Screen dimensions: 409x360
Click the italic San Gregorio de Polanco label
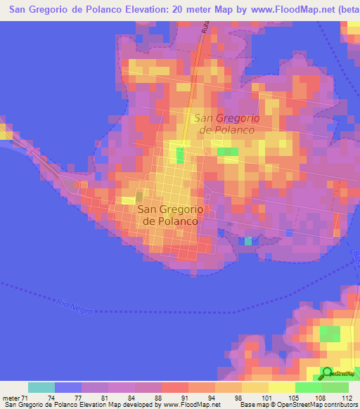click(226, 124)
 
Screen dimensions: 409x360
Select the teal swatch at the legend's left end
click(41, 387)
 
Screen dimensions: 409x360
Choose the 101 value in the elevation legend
click(268, 396)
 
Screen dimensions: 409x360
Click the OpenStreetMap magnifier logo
click(328, 374)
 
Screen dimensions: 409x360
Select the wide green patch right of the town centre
click(227, 151)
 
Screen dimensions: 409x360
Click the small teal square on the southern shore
click(247, 241)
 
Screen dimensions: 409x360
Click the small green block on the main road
click(181, 155)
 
